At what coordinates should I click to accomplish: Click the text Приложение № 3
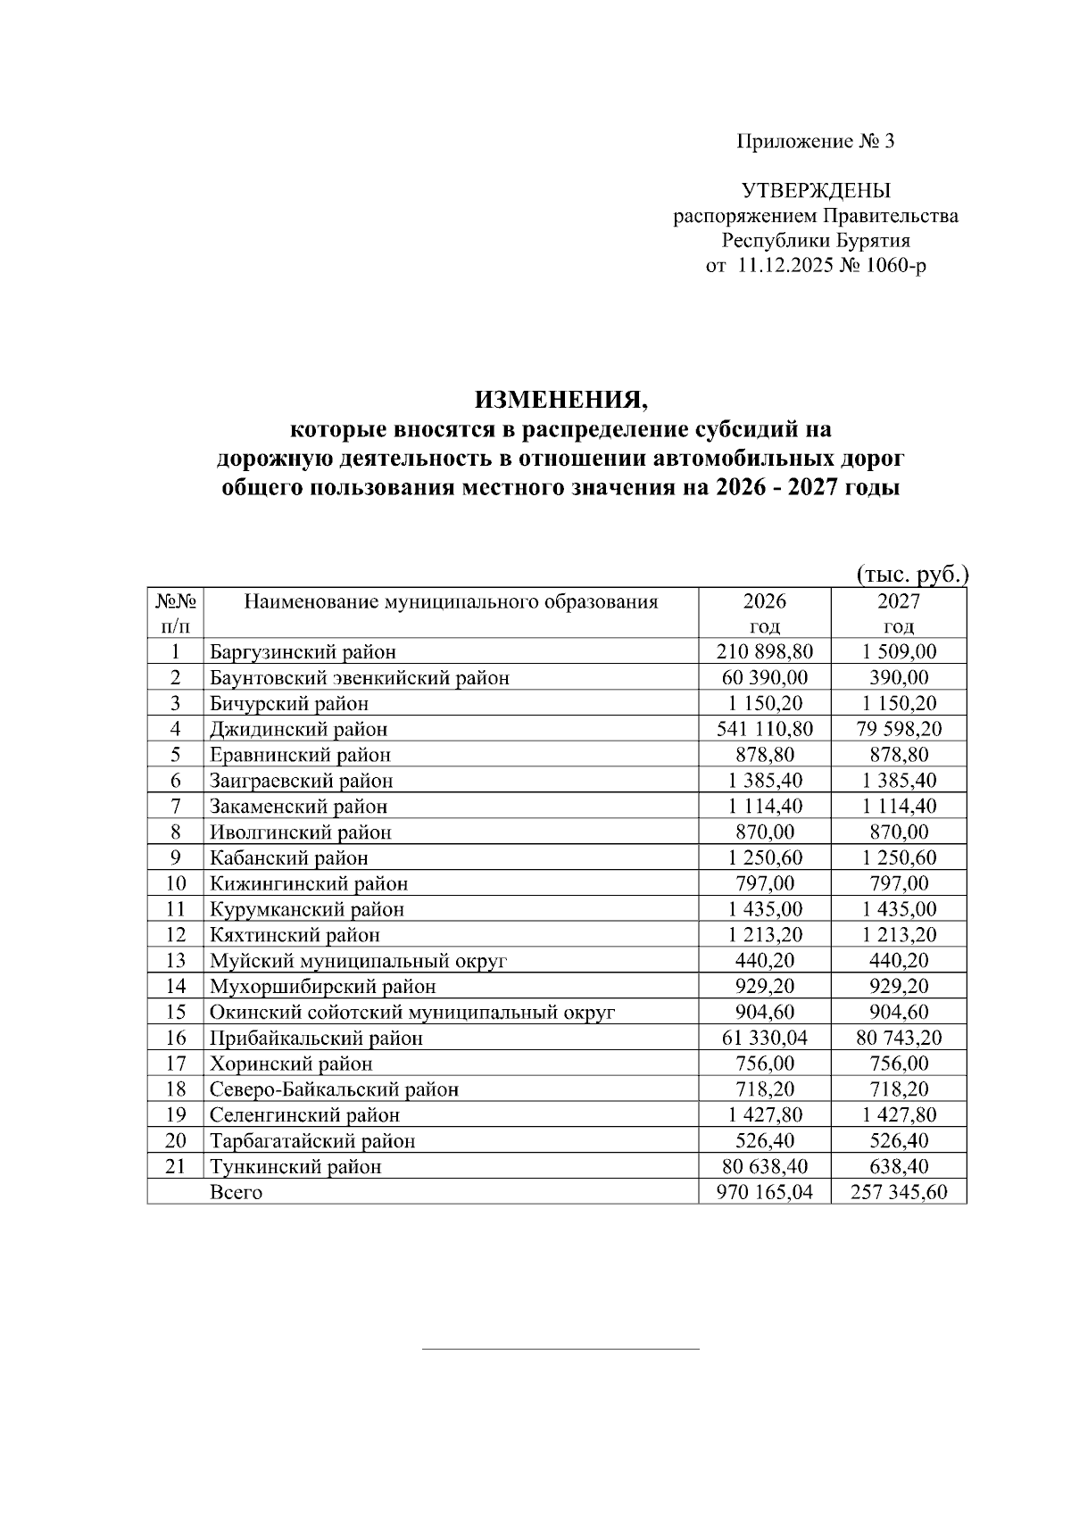point(815,141)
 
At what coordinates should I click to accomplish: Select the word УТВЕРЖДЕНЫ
point(816,191)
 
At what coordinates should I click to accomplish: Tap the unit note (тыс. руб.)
point(911,574)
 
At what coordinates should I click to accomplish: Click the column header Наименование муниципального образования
point(451,601)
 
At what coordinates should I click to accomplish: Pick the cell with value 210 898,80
point(765,651)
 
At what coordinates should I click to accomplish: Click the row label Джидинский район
point(298,729)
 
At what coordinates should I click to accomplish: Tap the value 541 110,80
point(765,729)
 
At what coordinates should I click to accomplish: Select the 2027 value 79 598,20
point(899,729)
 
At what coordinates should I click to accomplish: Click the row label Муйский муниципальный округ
point(358,961)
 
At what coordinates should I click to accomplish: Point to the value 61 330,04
point(765,1038)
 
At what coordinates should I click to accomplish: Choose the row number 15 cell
point(176,1012)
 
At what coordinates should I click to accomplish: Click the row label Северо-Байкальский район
point(334,1089)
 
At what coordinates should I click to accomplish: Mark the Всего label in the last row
point(236,1193)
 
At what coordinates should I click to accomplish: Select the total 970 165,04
point(765,1193)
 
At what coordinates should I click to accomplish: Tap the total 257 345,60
point(899,1193)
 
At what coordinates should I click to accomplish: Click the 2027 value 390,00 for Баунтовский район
point(899,677)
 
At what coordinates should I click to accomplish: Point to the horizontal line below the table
point(560,1348)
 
